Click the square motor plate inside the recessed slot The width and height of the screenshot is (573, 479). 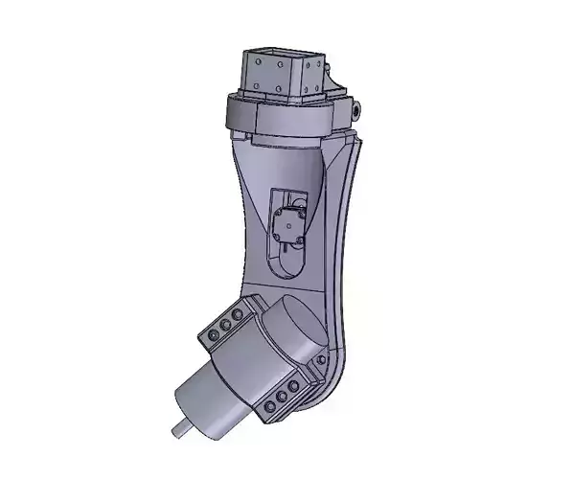pyautogui.click(x=286, y=226)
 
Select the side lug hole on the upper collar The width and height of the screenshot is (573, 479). pyautogui.click(x=357, y=111)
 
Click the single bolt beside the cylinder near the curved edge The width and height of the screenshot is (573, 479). pyautogui.click(x=321, y=357)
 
